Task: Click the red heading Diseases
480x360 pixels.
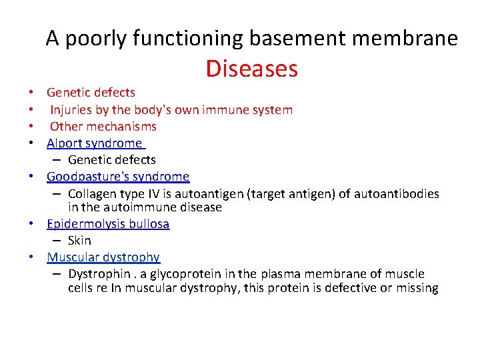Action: point(251,69)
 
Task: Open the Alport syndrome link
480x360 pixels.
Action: point(94,143)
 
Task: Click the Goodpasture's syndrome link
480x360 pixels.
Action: point(118,177)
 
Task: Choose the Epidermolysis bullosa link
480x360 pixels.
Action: point(108,224)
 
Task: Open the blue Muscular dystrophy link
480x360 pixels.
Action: point(103,257)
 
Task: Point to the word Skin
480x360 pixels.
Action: point(79,241)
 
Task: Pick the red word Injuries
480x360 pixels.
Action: point(72,109)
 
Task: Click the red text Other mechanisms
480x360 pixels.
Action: point(103,126)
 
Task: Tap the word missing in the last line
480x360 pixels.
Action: point(417,288)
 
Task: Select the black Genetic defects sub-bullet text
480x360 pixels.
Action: point(111,160)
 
